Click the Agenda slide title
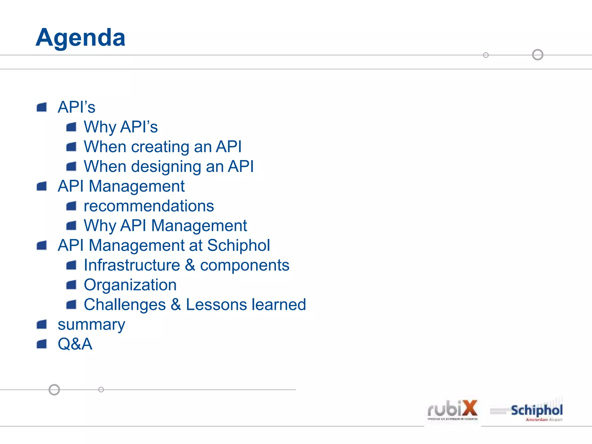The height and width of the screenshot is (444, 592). [80, 38]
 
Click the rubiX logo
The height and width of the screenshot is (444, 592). [452, 410]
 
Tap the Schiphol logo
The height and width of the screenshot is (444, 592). [536, 411]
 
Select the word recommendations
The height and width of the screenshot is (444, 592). [149, 206]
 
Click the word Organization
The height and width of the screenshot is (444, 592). [130, 285]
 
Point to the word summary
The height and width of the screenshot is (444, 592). [91, 325]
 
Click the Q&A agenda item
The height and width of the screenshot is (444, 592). [75, 344]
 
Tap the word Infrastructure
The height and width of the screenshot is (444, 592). [132, 265]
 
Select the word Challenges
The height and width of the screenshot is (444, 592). [125, 305]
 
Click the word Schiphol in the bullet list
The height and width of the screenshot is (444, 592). [238, 245]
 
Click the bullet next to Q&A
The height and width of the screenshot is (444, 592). [42, 344]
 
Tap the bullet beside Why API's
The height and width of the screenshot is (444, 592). [71, 127]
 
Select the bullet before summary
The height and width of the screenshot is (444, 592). [42, 324]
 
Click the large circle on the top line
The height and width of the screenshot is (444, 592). [538, 55]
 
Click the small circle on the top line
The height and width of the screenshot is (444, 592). [486, 55]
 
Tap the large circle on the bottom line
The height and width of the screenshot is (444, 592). [54, 390]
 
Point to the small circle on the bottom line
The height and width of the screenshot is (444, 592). [101, 390]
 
